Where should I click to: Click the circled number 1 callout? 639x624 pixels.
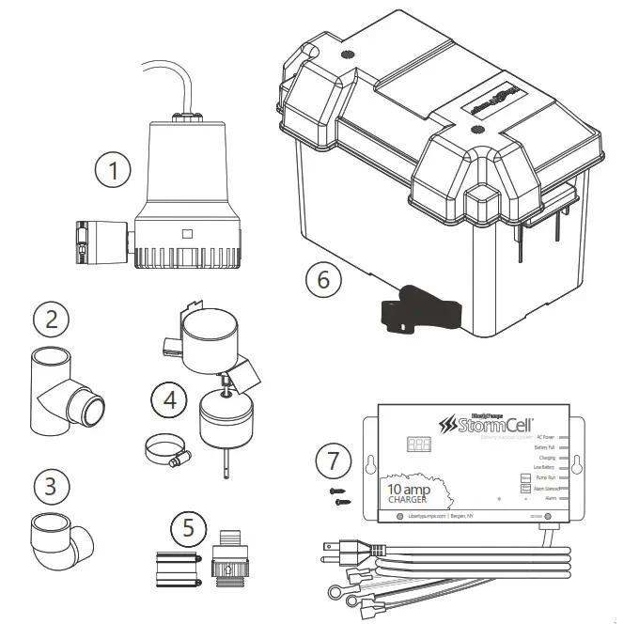[114, 172]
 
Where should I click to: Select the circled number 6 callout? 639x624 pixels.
[322, 278]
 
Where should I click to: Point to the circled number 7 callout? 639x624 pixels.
[335, 462]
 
